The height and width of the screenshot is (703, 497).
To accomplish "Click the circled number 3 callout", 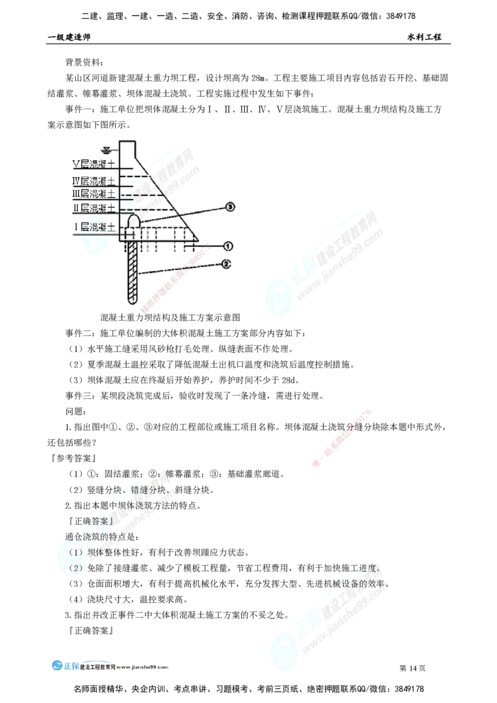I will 230,206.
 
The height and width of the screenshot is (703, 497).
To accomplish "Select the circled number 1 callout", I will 228,246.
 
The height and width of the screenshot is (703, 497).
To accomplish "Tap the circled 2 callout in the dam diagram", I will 227,265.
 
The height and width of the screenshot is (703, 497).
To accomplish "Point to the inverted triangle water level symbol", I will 107,149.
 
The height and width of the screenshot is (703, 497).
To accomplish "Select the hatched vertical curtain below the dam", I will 132,273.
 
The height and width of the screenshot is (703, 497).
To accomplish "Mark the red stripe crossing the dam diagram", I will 175,280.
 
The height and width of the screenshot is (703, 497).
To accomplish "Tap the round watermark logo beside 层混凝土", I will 91,239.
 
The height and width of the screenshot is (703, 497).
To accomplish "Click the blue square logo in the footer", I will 65,665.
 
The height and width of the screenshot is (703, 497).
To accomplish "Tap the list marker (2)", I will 76,568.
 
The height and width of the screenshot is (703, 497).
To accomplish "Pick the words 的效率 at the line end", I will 375,584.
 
